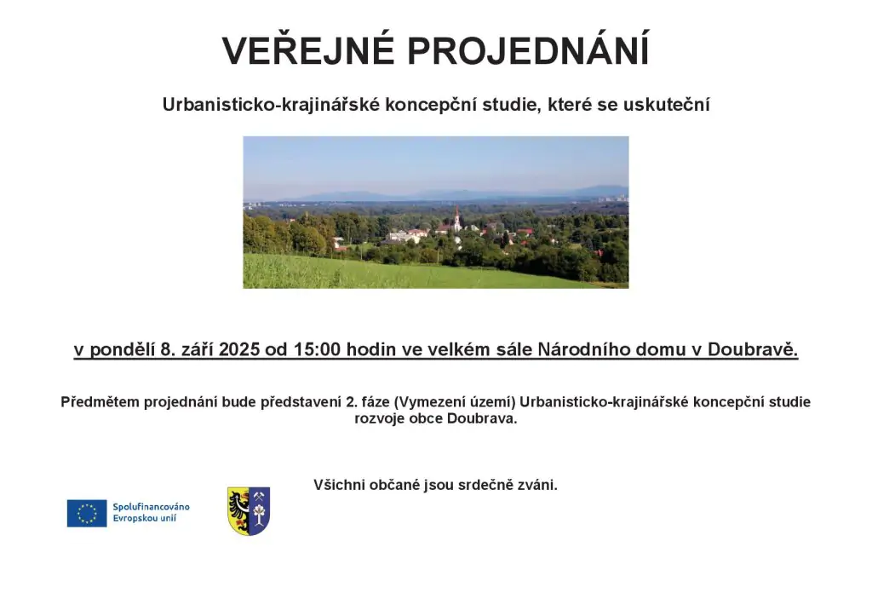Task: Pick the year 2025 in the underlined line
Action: pos(239,349)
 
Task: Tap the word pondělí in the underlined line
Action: pos(123,349)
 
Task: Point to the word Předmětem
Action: pos(100,402)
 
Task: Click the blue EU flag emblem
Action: pos(87,513)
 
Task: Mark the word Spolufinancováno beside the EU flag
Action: pos(152,507)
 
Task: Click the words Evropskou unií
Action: pos(145,518)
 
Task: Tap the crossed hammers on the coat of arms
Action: pos(259,495)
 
